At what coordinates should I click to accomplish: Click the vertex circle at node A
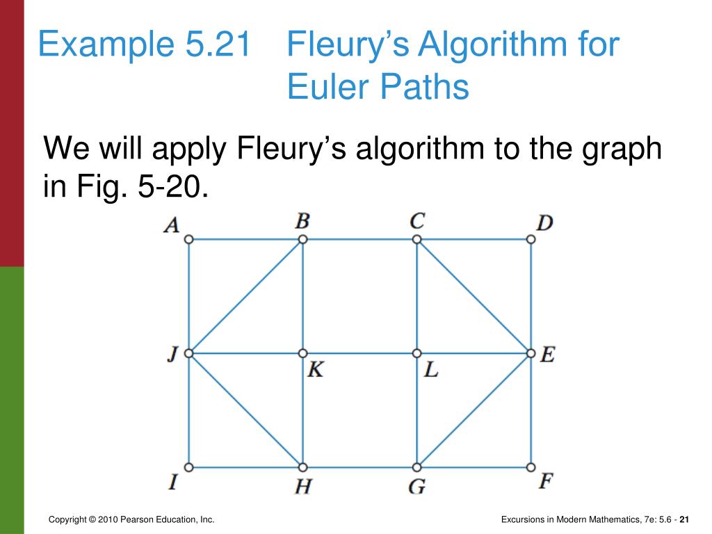188,239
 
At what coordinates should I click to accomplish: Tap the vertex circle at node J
188,353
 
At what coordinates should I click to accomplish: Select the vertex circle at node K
302,353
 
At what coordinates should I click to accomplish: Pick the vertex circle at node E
531,353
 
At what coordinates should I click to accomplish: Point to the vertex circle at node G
416,467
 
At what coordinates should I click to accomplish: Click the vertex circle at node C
416,239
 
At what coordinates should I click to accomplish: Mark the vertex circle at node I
188,467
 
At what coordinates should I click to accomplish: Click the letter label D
544,223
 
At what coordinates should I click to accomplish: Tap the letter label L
431,370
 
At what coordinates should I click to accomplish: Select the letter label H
302,486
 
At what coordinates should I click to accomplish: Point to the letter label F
546,482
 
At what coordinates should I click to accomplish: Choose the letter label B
302,221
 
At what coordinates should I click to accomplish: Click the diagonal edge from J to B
245,296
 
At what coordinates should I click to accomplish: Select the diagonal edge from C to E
474,296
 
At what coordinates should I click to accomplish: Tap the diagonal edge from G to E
474,410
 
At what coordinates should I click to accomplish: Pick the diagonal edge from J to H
245,410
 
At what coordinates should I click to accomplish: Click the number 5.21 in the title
218,44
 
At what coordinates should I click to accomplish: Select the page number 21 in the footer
684,520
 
